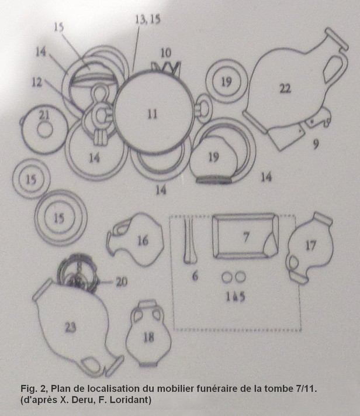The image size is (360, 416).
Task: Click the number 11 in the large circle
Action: pyautogui.click(x=152, y=114)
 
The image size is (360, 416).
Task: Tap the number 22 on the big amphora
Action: pyautogui.click(x=285, y=88)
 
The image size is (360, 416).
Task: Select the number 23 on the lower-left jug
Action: pyautogui.click(x=71, y=328)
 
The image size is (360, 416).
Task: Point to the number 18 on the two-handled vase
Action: pyautogui.click(x=148, y=337)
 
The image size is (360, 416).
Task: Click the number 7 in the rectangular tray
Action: pyautogui.click(x=246, y=236)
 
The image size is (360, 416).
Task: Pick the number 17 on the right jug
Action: pyautogui.click(x=311, y=245)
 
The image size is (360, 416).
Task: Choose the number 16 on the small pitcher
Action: pyautogui.click(x=143, y=241)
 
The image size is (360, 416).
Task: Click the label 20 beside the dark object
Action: pyautogui.click(x=122, y=282)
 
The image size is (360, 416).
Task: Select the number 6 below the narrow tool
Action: pyautogui.click(x=195, y=276)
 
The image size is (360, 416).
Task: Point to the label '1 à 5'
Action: pyautogui.click(x=235, y=297)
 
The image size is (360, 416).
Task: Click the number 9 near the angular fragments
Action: pyautogui.click(x=316, y=145)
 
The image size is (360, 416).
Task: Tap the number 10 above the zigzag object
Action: pyautogui.click(x=166, y=53)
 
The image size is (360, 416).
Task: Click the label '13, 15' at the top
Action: pyautogui.click(x=148, y=20)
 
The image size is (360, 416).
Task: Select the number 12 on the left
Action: pyautogui.click(x=37, y=82)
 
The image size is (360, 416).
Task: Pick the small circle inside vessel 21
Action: pyautogui.click(x=45, y=130)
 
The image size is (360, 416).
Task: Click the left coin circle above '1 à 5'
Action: pyautogui.click(x=227, y=277)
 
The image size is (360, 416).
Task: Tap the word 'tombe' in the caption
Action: pyautogui.click(x=278, y=389)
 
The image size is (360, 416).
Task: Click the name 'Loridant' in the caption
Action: pyautogui.click(x=132, y=400)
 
